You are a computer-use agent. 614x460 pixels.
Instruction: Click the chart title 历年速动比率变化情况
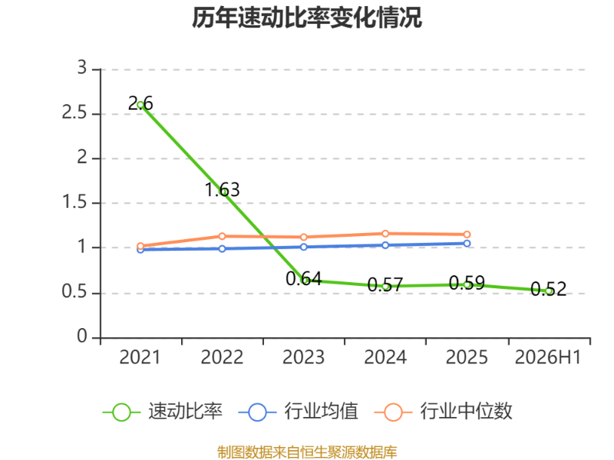tap(306, 18)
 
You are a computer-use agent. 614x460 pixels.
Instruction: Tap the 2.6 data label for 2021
tap(140, 103)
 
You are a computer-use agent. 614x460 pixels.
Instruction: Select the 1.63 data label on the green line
tap(222, 189)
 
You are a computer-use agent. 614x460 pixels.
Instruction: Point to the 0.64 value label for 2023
tap(303, 279)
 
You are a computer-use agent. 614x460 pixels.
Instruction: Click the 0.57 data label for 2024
tap(385, 284)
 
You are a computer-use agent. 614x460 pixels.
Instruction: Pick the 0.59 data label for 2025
tap(467, 283)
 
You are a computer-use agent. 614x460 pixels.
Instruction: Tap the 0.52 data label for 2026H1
tap(548, 289)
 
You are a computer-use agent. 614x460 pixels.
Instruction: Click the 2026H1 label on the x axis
tap(548, 357)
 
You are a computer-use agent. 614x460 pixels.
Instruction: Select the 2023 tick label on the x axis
tap(303, 357)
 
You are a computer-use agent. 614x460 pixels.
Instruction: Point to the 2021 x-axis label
tap(140, 357)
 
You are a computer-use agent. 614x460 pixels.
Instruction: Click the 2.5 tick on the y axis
tap(74, 113)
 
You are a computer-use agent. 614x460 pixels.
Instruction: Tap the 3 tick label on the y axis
tap(82, 68)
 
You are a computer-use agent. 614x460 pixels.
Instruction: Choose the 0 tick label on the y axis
tap(82, 337)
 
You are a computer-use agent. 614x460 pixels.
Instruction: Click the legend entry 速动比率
tap(163, 412)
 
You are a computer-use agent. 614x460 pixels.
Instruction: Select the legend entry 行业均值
tap(299, 412)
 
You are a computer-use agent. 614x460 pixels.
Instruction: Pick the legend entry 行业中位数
tap(444, 412)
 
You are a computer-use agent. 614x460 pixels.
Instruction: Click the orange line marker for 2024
tap(385, 234)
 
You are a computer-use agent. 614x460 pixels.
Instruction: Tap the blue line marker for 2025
tap(467, 243)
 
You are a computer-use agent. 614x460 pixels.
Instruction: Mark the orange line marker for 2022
tap(222, 236)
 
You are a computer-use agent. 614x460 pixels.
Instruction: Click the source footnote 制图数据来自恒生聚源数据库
tap(307, 452)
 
